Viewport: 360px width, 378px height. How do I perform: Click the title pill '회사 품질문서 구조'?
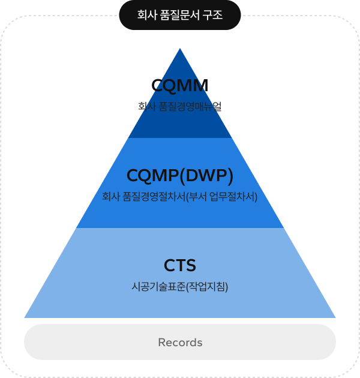coord(180,15)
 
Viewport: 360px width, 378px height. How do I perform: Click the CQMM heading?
coord(180,86)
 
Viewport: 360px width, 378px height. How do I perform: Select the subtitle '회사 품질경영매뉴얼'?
coord(180,107)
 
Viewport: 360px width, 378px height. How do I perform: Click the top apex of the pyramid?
coord(180,49)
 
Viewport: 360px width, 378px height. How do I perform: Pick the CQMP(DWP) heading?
coord(180,175)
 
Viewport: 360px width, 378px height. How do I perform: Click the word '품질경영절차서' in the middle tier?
coord(155,197)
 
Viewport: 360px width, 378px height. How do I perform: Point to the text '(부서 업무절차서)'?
coord(222,197)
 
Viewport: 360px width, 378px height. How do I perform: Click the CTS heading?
coord(180,265)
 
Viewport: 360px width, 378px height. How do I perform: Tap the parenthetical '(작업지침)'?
coord(208,287)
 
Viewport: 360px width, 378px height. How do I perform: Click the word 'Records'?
coord(180,343)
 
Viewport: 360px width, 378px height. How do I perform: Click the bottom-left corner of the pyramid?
coord(26,316)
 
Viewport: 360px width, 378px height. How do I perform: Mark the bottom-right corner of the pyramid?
coord(334,316)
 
